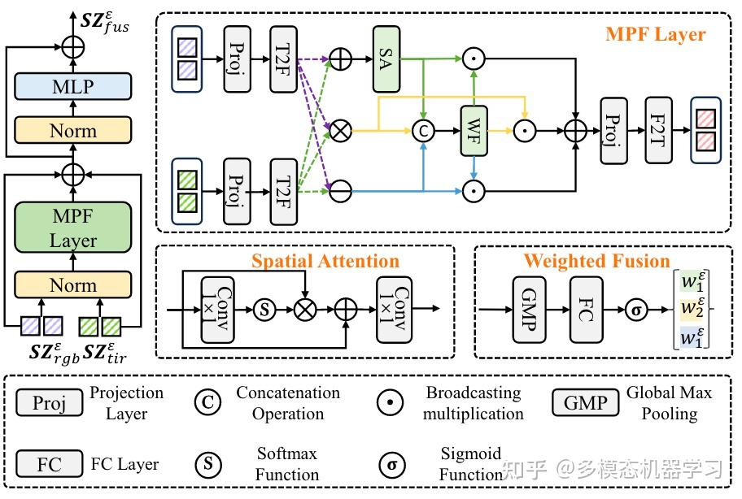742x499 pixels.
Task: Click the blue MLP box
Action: [x=73, y=86]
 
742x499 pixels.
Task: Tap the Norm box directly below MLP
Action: [x=73, y=130]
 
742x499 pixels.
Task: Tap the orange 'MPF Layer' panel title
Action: [x=655, y=35]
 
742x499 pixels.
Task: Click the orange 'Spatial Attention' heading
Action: [x=325, y=261]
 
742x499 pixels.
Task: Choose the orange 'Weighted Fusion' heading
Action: [x=596, y=261]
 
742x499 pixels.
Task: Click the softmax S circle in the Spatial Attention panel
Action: [x=263, y=309]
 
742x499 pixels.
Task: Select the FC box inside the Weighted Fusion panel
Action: [x=587, y=309]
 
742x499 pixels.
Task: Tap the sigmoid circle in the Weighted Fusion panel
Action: [x=635, y=309]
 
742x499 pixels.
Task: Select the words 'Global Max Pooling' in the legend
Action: [x=669, y=402]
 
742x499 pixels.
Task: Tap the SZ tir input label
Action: [x=109, y=354]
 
